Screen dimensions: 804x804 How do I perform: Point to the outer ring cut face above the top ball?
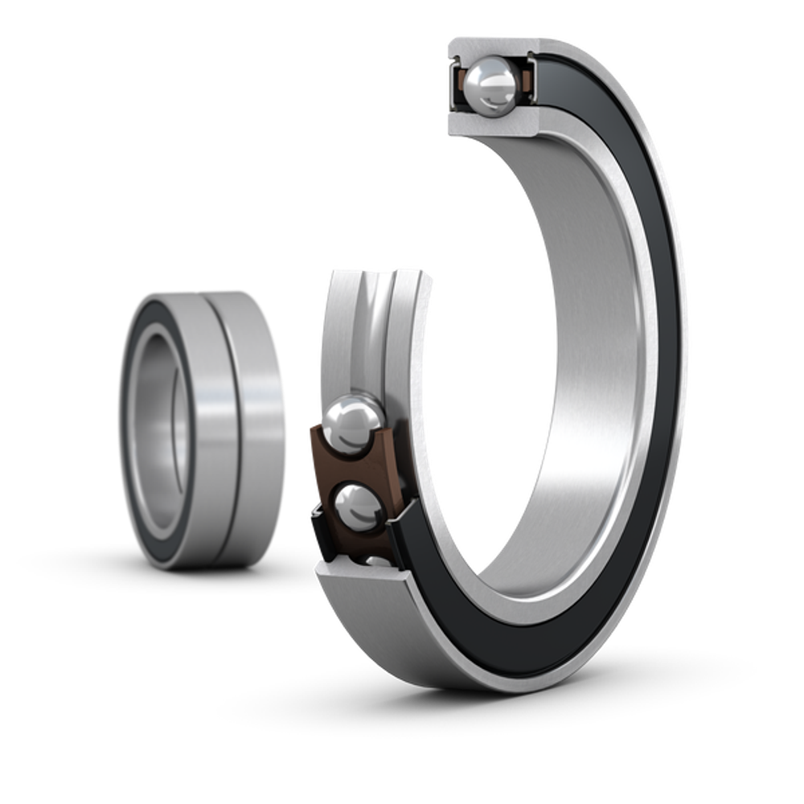pos(490,46)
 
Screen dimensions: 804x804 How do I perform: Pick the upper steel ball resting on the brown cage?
pos(354,420)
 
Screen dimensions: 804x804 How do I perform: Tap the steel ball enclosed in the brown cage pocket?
pos(357,507)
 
